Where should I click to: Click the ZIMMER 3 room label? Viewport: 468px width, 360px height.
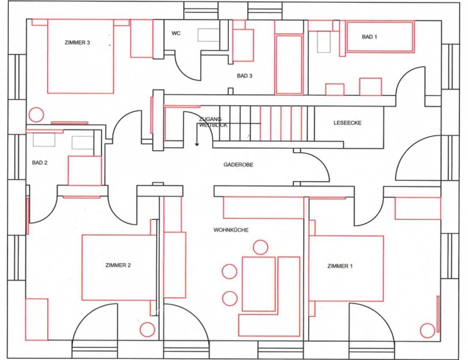click(77, 43)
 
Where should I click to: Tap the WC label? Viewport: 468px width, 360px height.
click(176, 34)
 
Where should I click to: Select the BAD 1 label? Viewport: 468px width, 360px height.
click(369, 37)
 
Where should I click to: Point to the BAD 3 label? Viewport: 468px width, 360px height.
click(244, 76)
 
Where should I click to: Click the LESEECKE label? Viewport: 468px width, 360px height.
click(348, 123)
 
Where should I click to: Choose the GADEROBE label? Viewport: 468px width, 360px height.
click(238, 164)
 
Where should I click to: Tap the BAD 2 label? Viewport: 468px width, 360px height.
click(40, 163)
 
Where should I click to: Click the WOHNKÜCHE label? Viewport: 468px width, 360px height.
click(231, 230)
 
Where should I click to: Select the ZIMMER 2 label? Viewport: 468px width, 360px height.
click(118, 265)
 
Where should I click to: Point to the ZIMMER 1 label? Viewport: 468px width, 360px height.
click(340, 266)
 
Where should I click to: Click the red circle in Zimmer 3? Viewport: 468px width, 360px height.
click(36, 114)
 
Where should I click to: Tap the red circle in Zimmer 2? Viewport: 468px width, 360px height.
click(147, 330)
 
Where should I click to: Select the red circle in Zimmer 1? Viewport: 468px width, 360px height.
click(428, 330)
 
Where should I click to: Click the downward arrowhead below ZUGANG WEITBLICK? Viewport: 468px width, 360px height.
click(197, 144)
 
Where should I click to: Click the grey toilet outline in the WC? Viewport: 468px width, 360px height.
click(209, 35)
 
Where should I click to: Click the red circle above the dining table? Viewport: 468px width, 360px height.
click(260, 248)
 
